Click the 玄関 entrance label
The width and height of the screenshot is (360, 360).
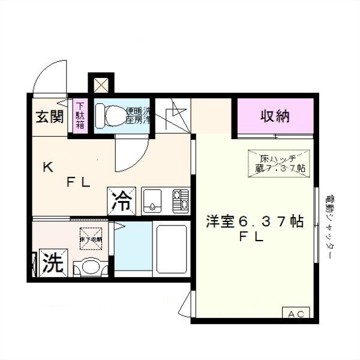(x=49, y=116)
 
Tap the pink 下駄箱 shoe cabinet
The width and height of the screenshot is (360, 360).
(x=80, y=116)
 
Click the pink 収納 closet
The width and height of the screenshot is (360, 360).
(x=275, y=116)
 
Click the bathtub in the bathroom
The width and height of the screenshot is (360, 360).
(x=172, y=248)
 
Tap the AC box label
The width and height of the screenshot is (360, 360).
(x=296, y=314)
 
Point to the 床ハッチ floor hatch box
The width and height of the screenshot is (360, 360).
(x=280, y=163)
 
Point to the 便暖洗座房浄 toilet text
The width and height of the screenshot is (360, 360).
(x=137, y=115)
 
